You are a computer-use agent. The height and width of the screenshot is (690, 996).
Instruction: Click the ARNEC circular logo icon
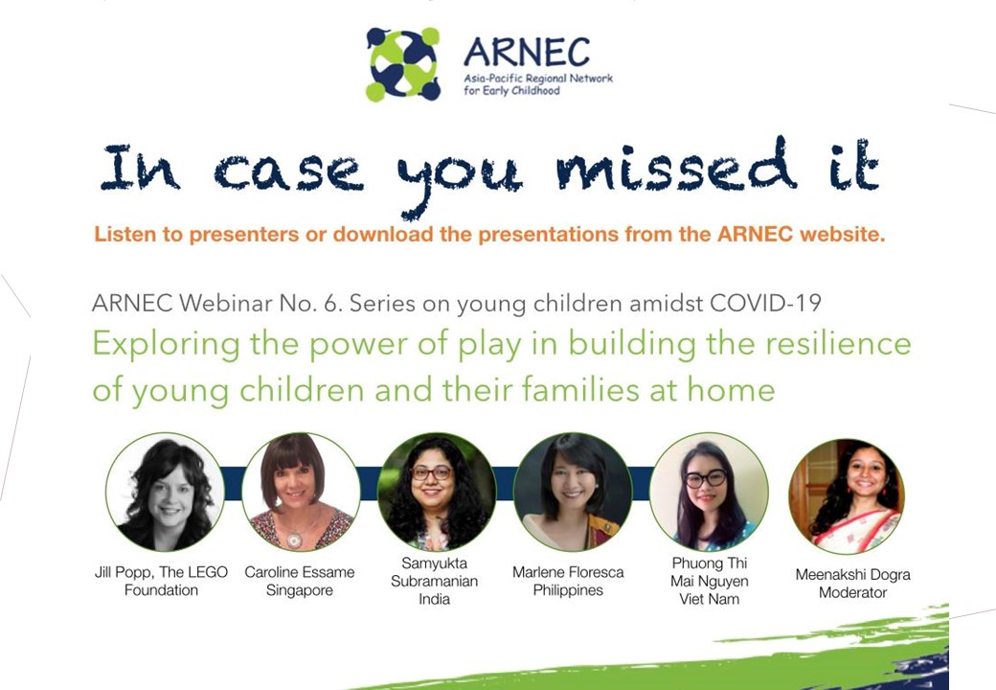402,64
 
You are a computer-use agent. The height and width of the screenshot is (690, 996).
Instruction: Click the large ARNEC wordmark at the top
526,52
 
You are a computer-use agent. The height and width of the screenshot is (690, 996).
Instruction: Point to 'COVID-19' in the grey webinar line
765,303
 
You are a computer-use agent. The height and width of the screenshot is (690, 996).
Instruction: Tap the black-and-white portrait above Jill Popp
165,492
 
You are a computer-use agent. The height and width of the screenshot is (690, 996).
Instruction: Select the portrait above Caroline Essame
301,492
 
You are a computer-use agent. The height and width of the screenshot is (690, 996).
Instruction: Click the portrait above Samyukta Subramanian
436,492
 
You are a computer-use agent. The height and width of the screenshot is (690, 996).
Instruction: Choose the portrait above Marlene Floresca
572,492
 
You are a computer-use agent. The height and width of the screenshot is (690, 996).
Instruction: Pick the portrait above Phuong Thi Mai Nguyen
708,492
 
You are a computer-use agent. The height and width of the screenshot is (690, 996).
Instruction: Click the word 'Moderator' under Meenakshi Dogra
852,593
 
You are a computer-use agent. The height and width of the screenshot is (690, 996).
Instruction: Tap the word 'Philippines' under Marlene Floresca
568,590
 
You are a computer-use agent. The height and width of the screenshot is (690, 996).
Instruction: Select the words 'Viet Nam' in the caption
709,600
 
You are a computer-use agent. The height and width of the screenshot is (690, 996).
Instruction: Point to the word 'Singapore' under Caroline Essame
300,590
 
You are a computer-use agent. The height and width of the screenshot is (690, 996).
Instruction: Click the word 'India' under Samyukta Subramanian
434,600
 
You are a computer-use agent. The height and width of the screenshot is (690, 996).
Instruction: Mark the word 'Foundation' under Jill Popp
161,590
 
